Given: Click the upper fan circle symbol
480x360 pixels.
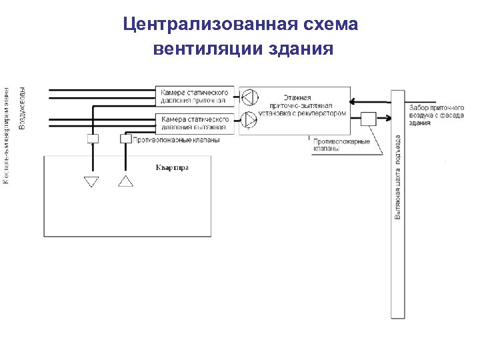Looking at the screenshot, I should click(x=248, y=97).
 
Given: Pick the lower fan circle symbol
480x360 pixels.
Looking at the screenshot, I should click(x=248, y=120).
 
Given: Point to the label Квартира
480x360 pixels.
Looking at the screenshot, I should click(x=172, y=167).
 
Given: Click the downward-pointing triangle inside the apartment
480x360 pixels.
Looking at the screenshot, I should click(x=91, y=181).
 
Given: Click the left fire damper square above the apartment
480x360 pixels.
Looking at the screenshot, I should click(x=93, y=139).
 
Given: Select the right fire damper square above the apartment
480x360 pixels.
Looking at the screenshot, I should click(x=125, y=139).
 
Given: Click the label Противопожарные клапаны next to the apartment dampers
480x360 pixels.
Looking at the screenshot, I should click(x=185, y=140).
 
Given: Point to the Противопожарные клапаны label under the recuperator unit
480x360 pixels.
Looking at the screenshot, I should click(x=341, y=145).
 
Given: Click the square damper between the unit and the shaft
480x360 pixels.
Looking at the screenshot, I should click(x=368, y=119).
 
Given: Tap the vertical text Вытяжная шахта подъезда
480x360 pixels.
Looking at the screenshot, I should click(x=398, y=177).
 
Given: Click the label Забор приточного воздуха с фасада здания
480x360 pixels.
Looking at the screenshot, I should click(x=437, y=115).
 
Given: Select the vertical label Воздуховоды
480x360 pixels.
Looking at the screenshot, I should click(x=22, y=109).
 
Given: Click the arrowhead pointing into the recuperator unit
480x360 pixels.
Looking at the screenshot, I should click(x=353, y=102).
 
